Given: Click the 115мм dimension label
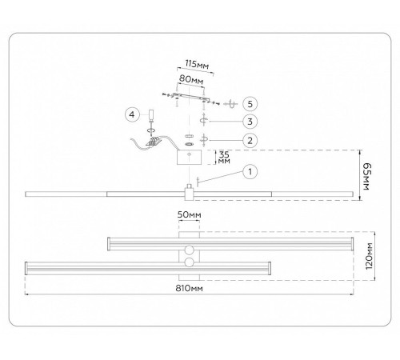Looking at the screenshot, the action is (197, 65).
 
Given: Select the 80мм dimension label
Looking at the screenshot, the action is (191, 79).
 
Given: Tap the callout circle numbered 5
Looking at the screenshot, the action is (250, 104).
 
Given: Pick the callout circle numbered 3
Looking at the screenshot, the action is (250, 122).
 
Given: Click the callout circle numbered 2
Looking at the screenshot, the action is (250, 140).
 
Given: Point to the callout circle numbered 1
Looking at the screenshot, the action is (250, 172).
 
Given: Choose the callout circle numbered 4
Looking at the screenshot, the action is (132, 114).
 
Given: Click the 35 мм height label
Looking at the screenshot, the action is (224, 158).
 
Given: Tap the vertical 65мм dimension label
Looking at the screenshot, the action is (367, 176).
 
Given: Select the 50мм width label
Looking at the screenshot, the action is (190, 214).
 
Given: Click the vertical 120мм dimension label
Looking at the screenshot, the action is (369, 256).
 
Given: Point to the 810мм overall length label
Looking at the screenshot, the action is (189, 288).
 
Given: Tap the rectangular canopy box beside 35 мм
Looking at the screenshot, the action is (189, 158).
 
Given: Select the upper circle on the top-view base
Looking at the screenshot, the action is (189, 250).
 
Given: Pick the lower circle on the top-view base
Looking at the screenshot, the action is (189, 262).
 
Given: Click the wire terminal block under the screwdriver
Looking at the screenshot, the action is (154, 141).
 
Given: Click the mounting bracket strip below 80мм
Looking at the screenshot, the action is (190, 98).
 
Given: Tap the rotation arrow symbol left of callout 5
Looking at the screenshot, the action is (231, 104).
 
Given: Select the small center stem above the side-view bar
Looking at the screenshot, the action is (190, 186).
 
